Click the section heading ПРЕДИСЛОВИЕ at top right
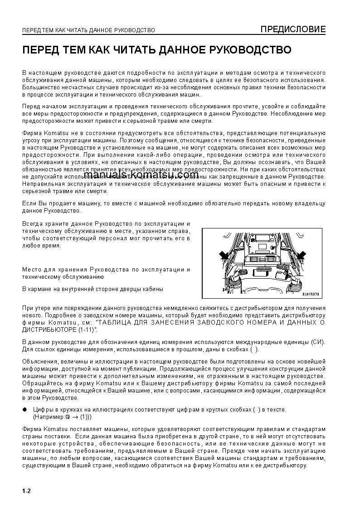pyautogui.click(x=292, y=30)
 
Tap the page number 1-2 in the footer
pyautogui.click(x=26, y=491)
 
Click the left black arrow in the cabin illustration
pyautogui.click(x=224, y=256)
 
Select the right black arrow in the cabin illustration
pyautogui.click(x=301, y=256)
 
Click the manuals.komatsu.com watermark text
pyautogui.click(x=141, y=175)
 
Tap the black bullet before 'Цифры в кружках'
pyautogui.click(x=25, y=410)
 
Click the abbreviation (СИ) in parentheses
pyautogui.click(x=318, y=341)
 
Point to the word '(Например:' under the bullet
pyautogui.click(x=49, y=417)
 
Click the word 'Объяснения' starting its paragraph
pyautogui.click(x=39, y=361)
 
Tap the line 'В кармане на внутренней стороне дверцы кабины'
pyautogui.click(x=92, y=289)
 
